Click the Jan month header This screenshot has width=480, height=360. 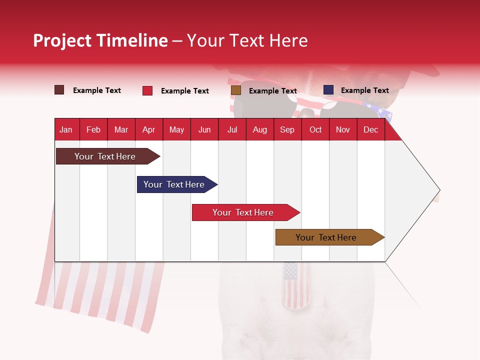click(66, 129)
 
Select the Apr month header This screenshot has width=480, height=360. click(148, 129)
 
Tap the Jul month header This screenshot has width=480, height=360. click(232, 129)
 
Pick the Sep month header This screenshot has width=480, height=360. click(287, 129)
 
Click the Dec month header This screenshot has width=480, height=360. click(370, 129)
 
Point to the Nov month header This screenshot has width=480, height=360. click(342, 129)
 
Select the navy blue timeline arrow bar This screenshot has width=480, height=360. click(175, 184)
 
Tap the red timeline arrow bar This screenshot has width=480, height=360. click(244, 212)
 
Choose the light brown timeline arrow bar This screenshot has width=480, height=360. click(328, 237)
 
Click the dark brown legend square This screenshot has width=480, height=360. click(59, 90)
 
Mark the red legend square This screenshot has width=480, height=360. click(147, 90)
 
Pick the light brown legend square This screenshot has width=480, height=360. click(236, 90)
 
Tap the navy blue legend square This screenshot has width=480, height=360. click(328, 90)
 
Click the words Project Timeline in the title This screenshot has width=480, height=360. click(100, 40)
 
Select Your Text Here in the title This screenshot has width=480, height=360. click(247, 40)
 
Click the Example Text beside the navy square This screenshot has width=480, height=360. click(364, 90)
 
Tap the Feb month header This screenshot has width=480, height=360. click(93, 129)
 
